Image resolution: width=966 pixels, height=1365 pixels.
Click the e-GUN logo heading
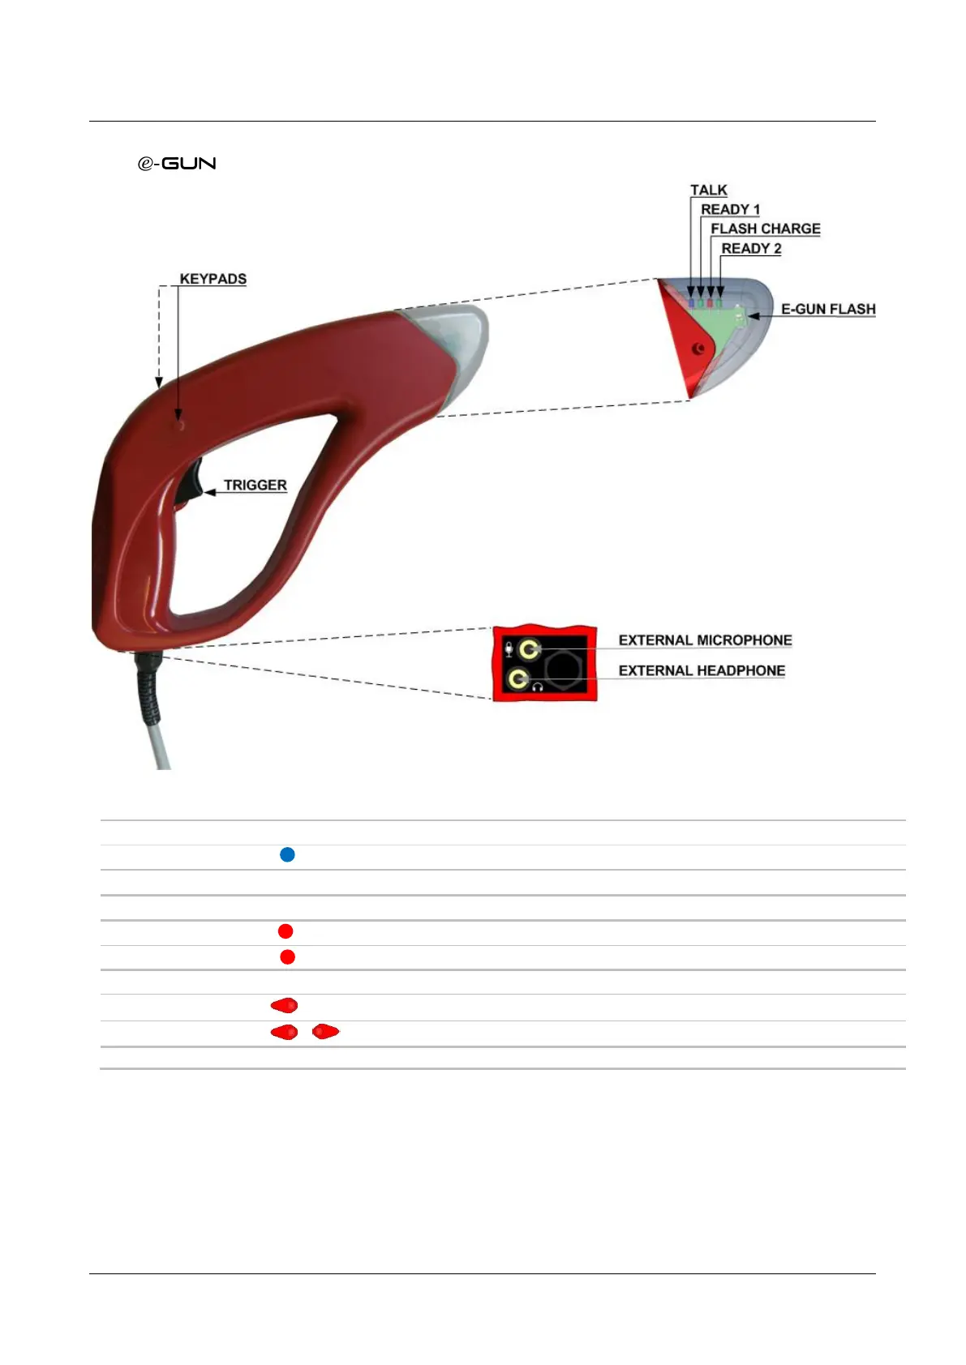coord(177,163)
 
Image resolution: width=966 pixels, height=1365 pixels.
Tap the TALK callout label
coord(708,190)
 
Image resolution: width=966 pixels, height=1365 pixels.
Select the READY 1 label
coord(730,209)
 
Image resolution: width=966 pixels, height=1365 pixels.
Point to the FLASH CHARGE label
coord(765,229)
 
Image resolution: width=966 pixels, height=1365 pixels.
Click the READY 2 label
coord(751,248)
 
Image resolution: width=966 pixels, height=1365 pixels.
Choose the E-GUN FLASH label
coord(827,309)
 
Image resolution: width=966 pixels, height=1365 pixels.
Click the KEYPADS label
coord(213,279)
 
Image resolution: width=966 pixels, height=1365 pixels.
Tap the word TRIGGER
coord(255,485)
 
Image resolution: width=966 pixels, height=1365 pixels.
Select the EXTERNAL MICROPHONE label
coord(705,640)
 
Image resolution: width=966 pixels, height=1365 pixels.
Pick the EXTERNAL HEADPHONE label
coord(702,670)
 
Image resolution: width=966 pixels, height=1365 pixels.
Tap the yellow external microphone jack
coord(530,648)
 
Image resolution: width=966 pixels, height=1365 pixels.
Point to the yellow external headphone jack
coord(517,678)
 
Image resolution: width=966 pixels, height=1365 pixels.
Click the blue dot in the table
coord(287,854)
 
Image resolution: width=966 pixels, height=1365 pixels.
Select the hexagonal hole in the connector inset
coord(562,669)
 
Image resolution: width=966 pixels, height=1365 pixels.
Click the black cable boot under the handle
coord(151,689)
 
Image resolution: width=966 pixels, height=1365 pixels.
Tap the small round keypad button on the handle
coord(179,423)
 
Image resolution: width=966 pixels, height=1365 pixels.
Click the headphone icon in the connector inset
coord(537,687)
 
